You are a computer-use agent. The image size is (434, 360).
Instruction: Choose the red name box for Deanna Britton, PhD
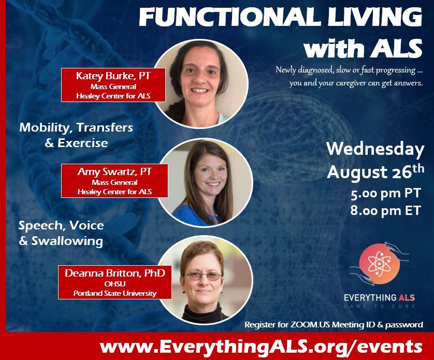(114, 282)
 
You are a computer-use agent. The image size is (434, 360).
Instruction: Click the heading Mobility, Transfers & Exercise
(76, 135)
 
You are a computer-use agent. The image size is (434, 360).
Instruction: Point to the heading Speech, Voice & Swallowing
(61, 233)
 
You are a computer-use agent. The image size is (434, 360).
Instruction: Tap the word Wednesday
(375, 149)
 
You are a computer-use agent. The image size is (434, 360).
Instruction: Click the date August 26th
(375, 171)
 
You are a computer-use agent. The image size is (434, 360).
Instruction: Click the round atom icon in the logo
(379, 263)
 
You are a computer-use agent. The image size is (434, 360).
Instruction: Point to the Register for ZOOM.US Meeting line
(334, 325)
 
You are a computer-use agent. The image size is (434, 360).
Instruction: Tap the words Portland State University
(114, 294)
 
